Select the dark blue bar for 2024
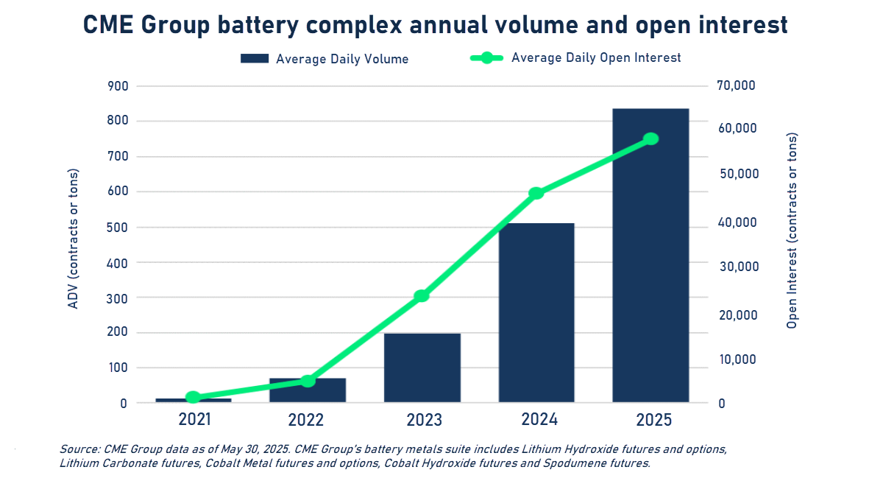coord(536,312)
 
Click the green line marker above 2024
coord(536,193)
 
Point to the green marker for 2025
coord(650,138)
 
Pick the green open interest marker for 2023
coord(422,296)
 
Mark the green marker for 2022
coord(308,381)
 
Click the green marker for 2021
coord(193,397)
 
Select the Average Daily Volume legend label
coord(341,59)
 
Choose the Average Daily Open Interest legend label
coord(596,57)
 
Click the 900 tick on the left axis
coord(118,86)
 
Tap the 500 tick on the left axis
coord(118,227)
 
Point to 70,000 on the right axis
coord(736,86)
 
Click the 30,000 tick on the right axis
coord(736,267)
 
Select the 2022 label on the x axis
coord(307,421)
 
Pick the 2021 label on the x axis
coord(194,421)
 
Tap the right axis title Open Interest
coord(792,231)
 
